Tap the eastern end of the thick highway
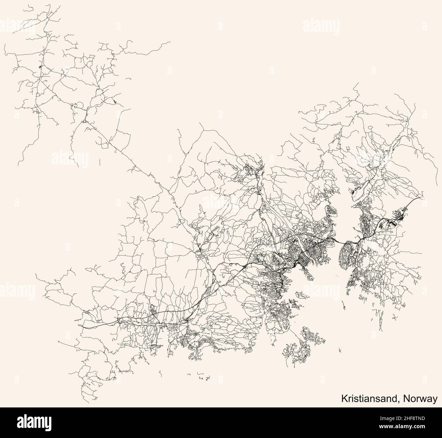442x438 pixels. [x=423, y=197]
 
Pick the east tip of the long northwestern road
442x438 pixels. [x=170, y=42]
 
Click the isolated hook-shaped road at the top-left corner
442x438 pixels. [x=31, y=7]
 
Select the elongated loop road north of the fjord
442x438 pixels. [x=362, y=187]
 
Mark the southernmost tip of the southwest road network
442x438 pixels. [x=88, y=403]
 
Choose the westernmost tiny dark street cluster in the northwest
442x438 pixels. [x=40, y=67]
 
